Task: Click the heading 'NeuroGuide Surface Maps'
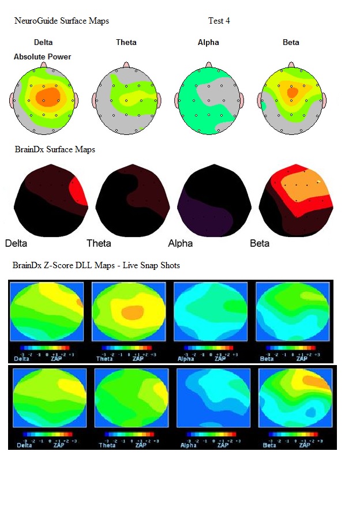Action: coord(62,21)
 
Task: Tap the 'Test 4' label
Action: coord(219,21)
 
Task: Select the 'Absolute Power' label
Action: coord(43,57)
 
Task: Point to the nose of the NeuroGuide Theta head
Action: coord(126,65)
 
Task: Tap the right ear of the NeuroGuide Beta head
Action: coord(325,100)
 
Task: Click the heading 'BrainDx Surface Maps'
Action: coord(55,149)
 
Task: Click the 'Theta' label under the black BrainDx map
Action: coord(99,243)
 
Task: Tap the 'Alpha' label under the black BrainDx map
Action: coord(181,243)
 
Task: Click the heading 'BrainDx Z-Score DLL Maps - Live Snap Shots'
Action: coord(96,265)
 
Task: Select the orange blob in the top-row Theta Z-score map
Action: coord(133,313)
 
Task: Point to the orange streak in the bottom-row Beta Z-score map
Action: coord(315,381)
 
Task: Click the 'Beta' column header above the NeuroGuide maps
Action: coord(291,42)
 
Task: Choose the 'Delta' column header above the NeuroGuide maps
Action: coord(44,42)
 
